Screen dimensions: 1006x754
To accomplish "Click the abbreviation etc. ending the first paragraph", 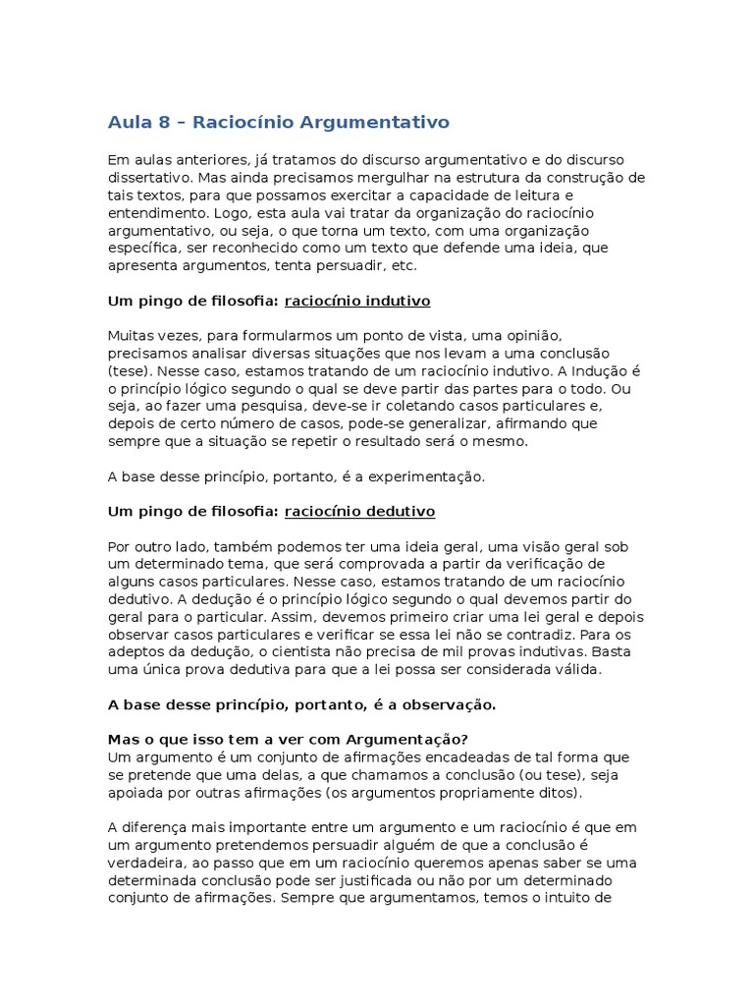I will [x=403, y=266].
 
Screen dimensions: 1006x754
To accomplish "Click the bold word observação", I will [x=448, y=705].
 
